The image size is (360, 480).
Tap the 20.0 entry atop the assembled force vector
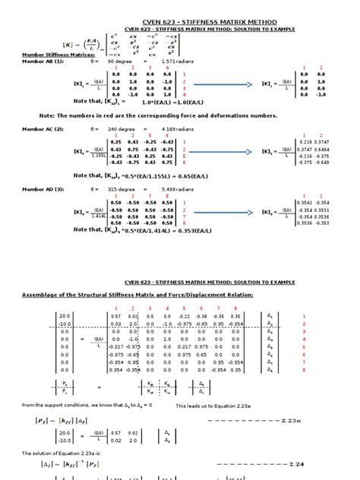[x=63, y=315]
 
